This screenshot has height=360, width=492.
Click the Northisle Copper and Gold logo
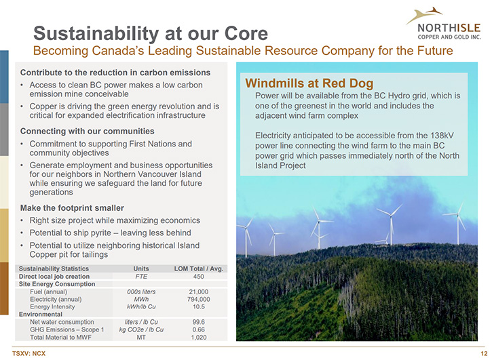(443, 24)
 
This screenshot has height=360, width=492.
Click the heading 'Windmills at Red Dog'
(309, 83)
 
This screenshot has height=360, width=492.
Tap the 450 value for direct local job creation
(199, 277)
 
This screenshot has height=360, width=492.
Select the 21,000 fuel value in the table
(199, 292)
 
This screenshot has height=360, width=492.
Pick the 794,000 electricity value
(199, 299)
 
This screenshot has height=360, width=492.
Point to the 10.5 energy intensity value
(199, 306)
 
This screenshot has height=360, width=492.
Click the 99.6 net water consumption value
(199, 322)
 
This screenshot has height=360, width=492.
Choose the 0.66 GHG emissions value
(199, 329)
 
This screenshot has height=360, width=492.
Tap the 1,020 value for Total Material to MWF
(199, 338)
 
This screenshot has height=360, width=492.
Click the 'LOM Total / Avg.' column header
(199, 268)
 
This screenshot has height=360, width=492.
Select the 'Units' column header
(141, 268)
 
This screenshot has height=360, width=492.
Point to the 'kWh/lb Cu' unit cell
(141, 306)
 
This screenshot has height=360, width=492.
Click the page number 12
(484, 354)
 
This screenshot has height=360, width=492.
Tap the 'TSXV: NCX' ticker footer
(29, 354)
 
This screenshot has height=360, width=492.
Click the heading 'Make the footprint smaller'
(72, 208)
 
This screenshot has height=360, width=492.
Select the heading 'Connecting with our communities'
(88, 131)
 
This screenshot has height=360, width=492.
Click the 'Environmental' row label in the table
(41, 314)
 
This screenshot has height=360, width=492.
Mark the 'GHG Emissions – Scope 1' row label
(67, 329)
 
